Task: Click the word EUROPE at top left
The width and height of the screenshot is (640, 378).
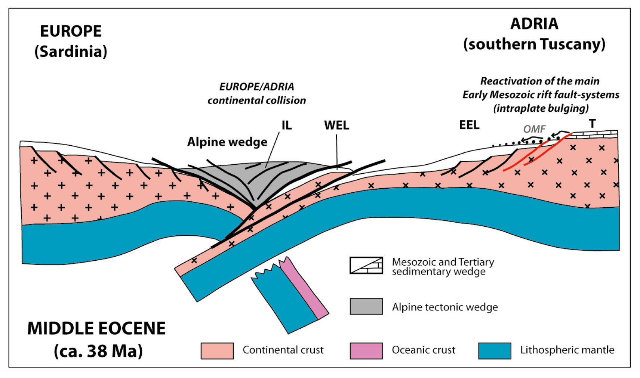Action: pos(71,31)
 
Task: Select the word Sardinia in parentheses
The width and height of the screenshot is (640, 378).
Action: pos(71,52)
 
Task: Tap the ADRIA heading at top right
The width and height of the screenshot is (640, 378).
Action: pos(534,24)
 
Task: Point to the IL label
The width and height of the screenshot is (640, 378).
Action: pos(286,125)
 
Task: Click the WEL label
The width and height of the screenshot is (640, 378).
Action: pos(336,125)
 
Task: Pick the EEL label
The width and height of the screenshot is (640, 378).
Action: pos(469,125)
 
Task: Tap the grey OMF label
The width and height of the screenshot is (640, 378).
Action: pos(534,129)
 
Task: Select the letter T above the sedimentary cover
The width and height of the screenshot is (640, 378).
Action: pos(592,124)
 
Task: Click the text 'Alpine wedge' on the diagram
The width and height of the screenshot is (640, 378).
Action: pos(227,142)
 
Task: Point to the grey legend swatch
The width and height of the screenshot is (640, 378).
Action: pos(366,306)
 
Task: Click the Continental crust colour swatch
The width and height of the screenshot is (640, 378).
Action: pos(217,350)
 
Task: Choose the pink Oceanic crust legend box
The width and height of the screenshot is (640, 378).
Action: pos(366,350)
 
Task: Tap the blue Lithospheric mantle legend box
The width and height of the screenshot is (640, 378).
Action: pos(495,350)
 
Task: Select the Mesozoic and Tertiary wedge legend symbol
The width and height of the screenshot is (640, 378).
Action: pos(366,265)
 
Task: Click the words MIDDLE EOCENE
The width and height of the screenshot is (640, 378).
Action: pos(96,329)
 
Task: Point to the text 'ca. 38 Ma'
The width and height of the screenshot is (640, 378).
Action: pos(98,351)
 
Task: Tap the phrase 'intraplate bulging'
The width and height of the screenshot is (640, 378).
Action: pos(541,108)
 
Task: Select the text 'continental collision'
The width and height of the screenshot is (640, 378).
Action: pos(256,100)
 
